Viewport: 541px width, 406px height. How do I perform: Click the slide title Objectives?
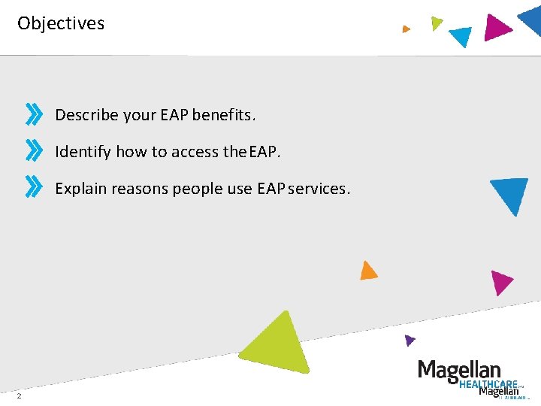click(61, 23)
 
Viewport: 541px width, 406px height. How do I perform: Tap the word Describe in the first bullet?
click(86, 115)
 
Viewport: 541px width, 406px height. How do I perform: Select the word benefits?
click(224, 115)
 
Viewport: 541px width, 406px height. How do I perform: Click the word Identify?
click(83, 152)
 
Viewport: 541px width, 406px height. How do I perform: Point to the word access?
click(195, 152)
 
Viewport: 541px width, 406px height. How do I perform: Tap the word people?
click(198, 189)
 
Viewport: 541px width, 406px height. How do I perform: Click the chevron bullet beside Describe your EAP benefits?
click(34, 115)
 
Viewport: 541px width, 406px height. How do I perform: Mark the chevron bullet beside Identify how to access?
click(34, 149)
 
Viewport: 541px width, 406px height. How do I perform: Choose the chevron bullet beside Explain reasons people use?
click(34, 186)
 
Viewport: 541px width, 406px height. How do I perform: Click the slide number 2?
click(19, 396)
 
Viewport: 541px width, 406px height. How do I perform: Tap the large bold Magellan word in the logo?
click(458, 370)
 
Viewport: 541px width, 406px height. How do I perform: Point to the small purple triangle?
click(409, 340)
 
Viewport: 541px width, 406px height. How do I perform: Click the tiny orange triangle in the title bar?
click(406, 29)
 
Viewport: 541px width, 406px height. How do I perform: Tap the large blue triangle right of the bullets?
click(512, 194)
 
